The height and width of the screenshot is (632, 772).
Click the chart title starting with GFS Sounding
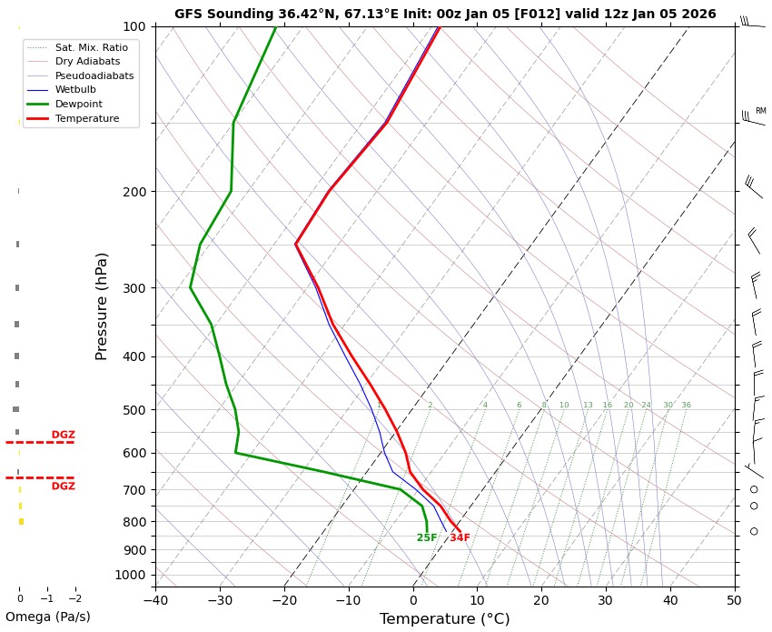(445, 15)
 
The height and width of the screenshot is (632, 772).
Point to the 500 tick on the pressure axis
(134, 410)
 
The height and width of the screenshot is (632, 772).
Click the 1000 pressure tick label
(130, 575)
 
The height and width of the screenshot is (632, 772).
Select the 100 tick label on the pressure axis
(134, 26)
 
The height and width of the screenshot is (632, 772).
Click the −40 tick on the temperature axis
(155, 599)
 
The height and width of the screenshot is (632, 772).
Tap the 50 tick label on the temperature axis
(735, 599)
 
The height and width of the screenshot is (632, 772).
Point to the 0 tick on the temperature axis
(413, 599)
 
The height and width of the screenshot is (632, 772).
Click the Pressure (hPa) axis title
(103, 306)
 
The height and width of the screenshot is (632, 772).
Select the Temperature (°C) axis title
(445, 619)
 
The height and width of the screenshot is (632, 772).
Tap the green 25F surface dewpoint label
(427, 538)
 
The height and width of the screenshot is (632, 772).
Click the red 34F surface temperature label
(460, 538)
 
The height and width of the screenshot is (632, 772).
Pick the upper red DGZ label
(64, 436)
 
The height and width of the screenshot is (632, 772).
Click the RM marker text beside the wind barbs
(760, 111)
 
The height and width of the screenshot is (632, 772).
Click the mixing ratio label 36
(687, 406)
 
